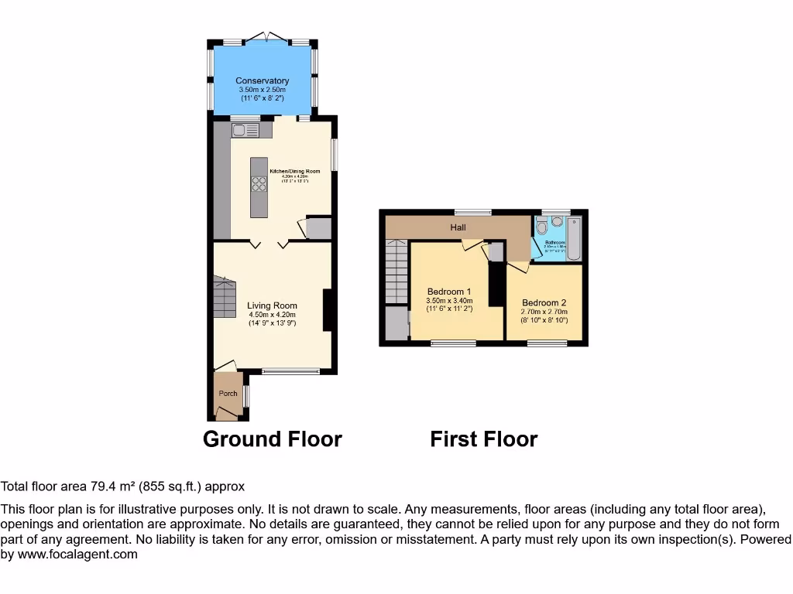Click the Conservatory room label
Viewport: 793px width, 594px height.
[x=263, y=80]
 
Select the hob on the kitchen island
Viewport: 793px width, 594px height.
[x=258, y=184]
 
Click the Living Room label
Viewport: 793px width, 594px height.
[x=272, y=306]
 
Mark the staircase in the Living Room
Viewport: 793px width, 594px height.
[x=225, y=298]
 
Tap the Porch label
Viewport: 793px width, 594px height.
[x=228, y=393]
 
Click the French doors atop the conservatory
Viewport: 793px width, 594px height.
[x=263, y=37]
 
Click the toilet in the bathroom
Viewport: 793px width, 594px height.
[x=541, y=227]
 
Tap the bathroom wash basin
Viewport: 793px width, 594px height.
[x=558, y=221]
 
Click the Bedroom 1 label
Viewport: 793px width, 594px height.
[x=449, y=292]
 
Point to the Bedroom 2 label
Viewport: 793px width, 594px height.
[x=544, y=302]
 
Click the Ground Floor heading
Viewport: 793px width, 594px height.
[x=272, y=439]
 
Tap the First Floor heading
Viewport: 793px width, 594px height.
[x=484, y=439]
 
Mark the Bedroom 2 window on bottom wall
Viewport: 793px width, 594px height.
[x=547, y=343]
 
